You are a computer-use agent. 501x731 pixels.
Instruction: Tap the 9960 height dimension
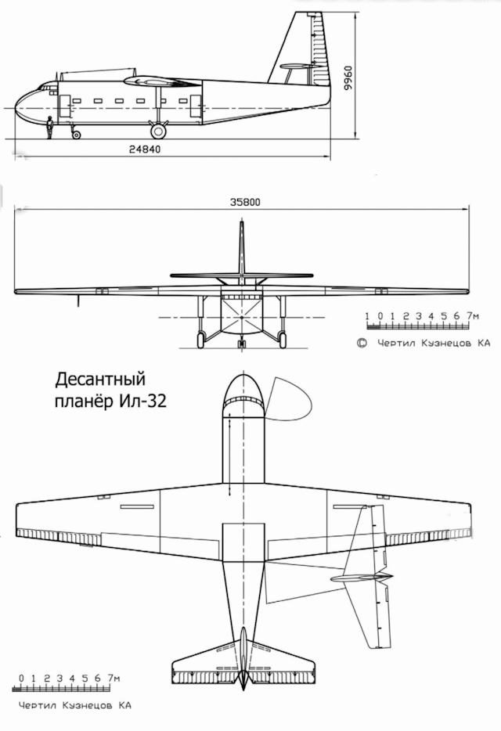[350, 77]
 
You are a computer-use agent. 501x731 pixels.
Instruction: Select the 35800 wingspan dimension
[244, 201]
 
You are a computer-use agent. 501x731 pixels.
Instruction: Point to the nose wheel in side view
[76, 134]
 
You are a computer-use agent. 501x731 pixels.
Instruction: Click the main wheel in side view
[158, 131]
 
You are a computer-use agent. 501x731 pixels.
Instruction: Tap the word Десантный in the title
[101, 381]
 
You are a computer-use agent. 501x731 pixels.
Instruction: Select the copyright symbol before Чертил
[362, 342]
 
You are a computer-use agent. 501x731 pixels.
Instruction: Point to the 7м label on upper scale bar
[471, 316]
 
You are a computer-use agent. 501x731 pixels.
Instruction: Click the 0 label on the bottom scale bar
[22, 678]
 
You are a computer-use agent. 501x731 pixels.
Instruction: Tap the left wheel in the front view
[200, 339]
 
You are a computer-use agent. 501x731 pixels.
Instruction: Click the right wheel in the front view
[282, 339]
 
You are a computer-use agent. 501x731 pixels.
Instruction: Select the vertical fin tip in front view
[241, 225]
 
